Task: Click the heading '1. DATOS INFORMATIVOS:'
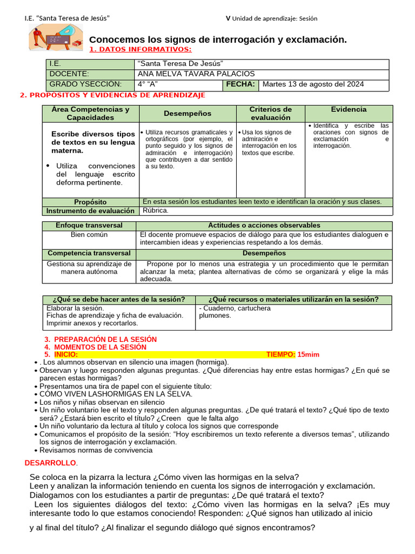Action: [x=140, y=50]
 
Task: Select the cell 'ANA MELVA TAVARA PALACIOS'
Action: [x=196, y=74]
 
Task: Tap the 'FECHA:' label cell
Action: [x=240, y=84]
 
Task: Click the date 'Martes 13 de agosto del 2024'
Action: [x=313, y=84]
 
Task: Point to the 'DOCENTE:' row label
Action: [x=69, y=74]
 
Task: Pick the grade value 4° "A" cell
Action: [x=148, y=84]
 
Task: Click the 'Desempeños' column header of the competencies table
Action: [x=188, y=114]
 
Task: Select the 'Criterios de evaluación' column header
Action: [x=271, y=114]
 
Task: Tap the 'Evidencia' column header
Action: [x=349, y=109]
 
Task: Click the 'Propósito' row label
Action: [x=91, y=202]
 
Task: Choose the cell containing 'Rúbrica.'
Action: [x=155, y=211]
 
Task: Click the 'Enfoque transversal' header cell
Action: [x=89, y=226]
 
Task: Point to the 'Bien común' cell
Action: [x=89, y=235]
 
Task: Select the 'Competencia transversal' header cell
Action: [x=89, y=253]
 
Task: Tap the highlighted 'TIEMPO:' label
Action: [x=280, y=354]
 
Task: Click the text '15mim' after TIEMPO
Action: [x=309, y=354]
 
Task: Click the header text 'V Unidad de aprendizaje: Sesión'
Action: [x=271, y=18]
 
